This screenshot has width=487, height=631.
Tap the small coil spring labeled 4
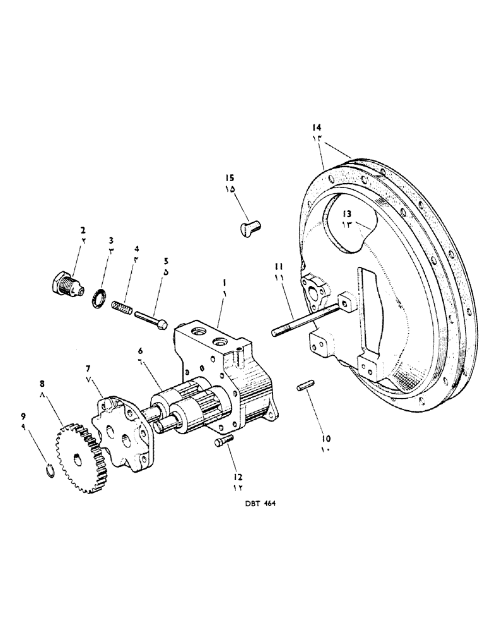coord(122,308)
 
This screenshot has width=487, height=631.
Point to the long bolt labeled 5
coord(151,319)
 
